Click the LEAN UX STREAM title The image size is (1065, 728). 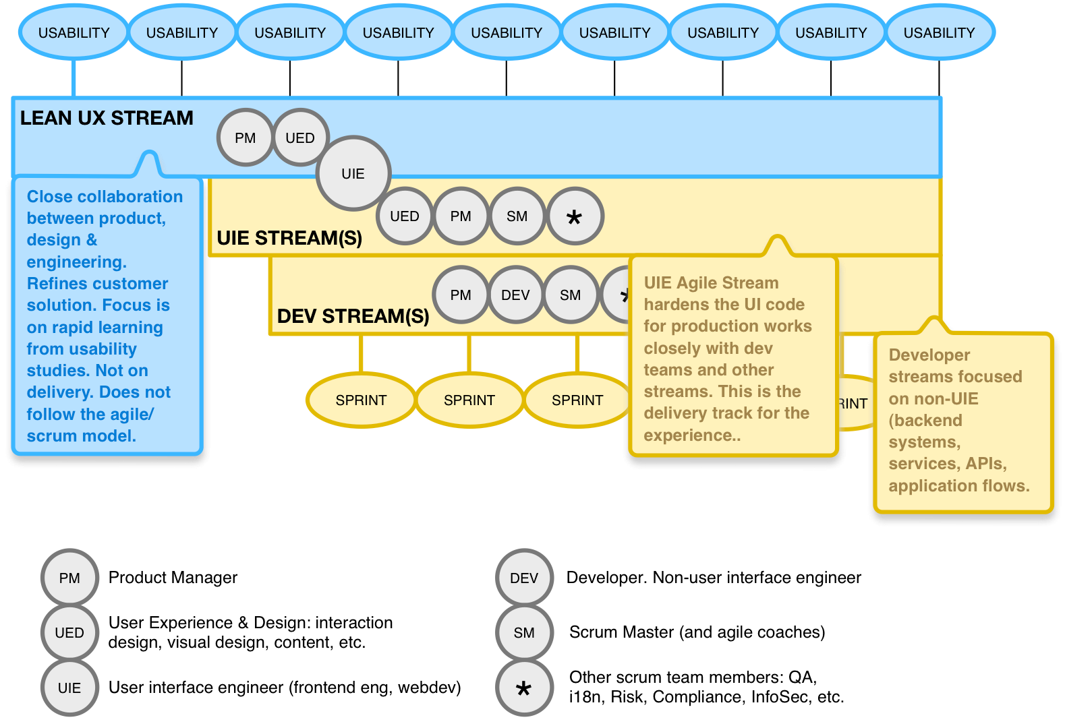(x=107, y=119)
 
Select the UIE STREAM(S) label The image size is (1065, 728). (x=289, y=238)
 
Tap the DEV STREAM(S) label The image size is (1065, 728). (x=353, y=316)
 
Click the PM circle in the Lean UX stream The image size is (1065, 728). (x=246, y=138)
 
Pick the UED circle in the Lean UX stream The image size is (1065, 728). (x=300, y=138)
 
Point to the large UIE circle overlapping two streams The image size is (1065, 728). (x=353, y=174)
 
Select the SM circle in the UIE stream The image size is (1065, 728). (x=517, y=216)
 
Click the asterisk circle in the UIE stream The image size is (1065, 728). (x=574, y=216)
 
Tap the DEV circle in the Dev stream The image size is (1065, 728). (x=515, y=295)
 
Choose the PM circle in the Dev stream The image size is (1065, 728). (x=461, y=295)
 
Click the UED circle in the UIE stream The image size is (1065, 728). (x=405, y=216)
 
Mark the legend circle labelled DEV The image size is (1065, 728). (x=524, y=578)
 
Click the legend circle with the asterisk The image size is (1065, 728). (x=524, y=688)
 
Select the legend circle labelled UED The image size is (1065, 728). (x=69, y=633)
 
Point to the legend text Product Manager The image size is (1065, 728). (x=173, y=578)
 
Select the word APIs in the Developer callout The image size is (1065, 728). (x=985, y=464)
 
